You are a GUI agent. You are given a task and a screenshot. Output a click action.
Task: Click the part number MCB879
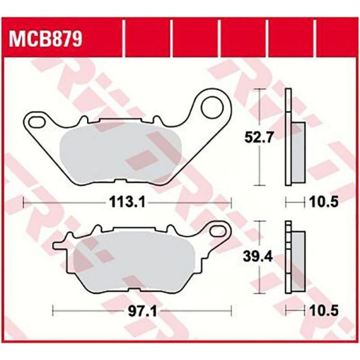pyautogui.click(x=46, y=41)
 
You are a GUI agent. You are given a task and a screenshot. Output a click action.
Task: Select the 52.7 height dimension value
pyautogui.click(x=259, y=137)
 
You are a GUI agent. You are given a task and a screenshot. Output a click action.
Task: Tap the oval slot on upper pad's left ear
pyautogui.click(x=38, y=122)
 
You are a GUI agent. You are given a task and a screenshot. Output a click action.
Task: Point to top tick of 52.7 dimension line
pyautogui.click(x=259, y=89)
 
